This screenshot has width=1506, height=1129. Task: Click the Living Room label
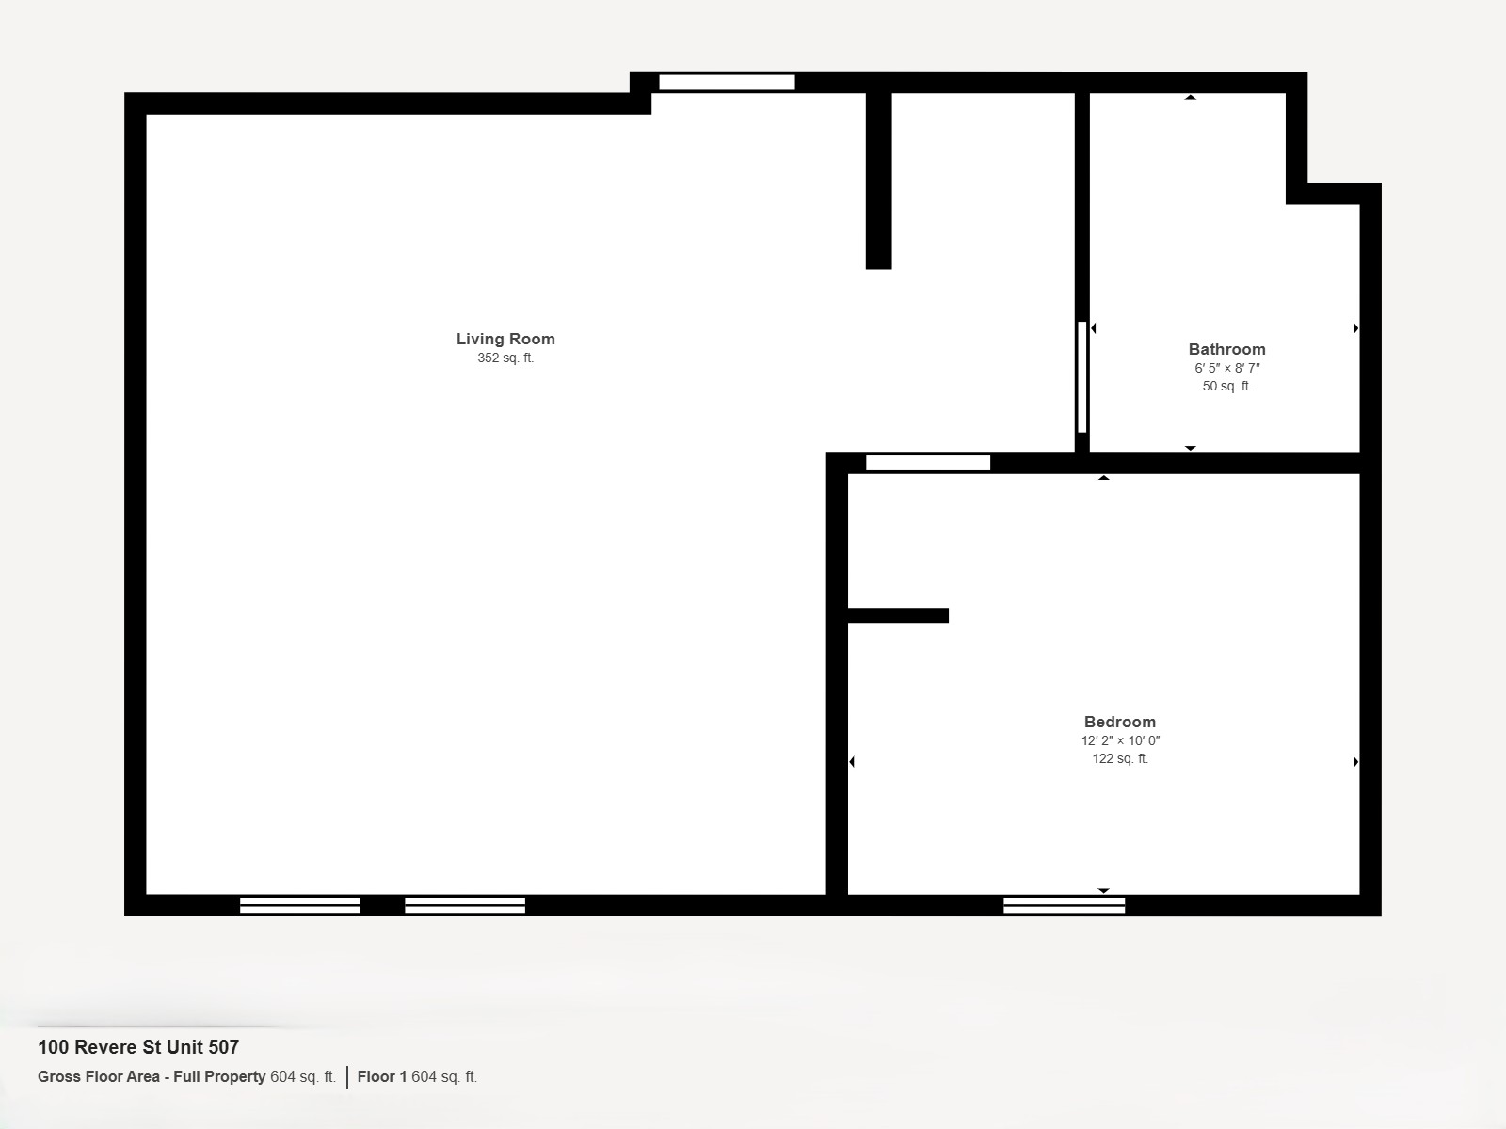click(505, 339)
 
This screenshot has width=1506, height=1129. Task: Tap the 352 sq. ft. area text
click(505, 358)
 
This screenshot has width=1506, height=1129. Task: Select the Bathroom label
click(1226, 349)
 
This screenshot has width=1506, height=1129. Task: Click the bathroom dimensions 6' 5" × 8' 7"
click(1226, 368)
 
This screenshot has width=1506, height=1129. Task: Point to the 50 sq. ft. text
click(1226, 386)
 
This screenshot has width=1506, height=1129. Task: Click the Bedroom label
click(1120, 722)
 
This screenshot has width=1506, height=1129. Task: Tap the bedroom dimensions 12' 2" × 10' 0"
click(1120, 740)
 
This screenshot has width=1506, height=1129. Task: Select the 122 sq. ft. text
click(1120, 758)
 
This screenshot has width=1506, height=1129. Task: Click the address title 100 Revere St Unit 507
click(138, 1047)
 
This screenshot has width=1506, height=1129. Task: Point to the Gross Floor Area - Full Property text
click(152, 1076)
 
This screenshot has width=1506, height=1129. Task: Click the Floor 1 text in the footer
click(382, 1076)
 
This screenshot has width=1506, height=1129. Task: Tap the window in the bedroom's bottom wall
click(1065, 905)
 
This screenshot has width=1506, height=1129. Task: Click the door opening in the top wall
click(728, 82)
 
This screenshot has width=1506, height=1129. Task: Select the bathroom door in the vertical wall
click(1082, 377)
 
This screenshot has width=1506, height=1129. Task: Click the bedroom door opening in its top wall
click(928, 463)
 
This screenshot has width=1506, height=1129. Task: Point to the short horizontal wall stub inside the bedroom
click(898, 615)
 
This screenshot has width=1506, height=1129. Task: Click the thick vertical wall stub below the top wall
click(879, 181)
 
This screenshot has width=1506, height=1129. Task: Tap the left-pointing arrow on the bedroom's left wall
click(852, 761)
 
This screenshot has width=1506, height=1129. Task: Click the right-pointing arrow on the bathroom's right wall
click(1355, 328)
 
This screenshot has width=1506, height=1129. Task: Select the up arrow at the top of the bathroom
click(1191, 97)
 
